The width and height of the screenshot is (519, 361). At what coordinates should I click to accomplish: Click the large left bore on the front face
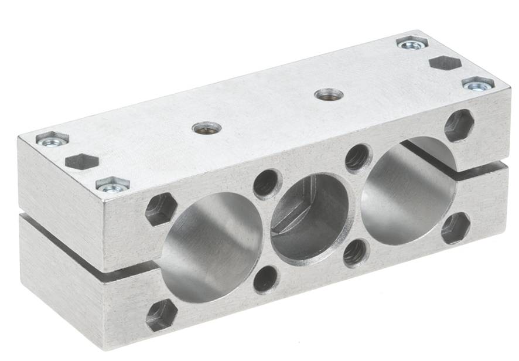[211, 246]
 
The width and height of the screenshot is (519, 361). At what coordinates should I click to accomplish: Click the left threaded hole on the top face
[207, 127]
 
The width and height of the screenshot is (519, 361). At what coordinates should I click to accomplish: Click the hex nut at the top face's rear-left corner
[52, 139]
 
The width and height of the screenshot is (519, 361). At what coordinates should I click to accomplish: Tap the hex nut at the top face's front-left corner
[112, 185]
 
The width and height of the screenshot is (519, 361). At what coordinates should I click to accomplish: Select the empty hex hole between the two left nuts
[81, 161]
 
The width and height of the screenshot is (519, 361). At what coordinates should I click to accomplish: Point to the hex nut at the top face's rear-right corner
[412, 43]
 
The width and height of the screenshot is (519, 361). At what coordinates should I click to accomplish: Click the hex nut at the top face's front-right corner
[477, 84]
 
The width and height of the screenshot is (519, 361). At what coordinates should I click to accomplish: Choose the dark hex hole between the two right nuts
[445, 62]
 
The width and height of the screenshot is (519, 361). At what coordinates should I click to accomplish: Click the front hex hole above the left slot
[161, 209]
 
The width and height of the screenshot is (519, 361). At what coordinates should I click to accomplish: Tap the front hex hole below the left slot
[162, 315]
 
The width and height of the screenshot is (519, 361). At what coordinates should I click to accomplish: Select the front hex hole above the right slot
[459, 125]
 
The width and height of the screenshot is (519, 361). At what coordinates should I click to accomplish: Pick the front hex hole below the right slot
[455, 228]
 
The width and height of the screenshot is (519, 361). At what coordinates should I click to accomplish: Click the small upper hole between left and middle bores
[268, 183]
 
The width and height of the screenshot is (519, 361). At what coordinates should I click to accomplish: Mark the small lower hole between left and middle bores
[267, 278]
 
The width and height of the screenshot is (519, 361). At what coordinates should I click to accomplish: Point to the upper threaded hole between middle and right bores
[358, 157]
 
